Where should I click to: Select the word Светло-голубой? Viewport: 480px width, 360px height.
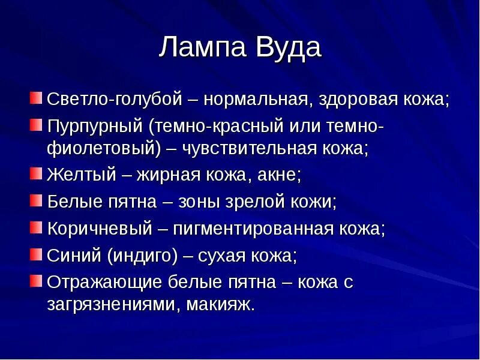coord(114,100)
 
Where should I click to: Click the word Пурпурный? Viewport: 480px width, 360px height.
coord(95,127)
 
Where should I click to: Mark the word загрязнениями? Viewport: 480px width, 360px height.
coord(113,304)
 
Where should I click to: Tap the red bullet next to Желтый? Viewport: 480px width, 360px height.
coord(36,174)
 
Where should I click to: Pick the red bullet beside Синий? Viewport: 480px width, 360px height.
coord(36,254)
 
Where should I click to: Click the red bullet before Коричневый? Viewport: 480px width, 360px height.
coord(36,227)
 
